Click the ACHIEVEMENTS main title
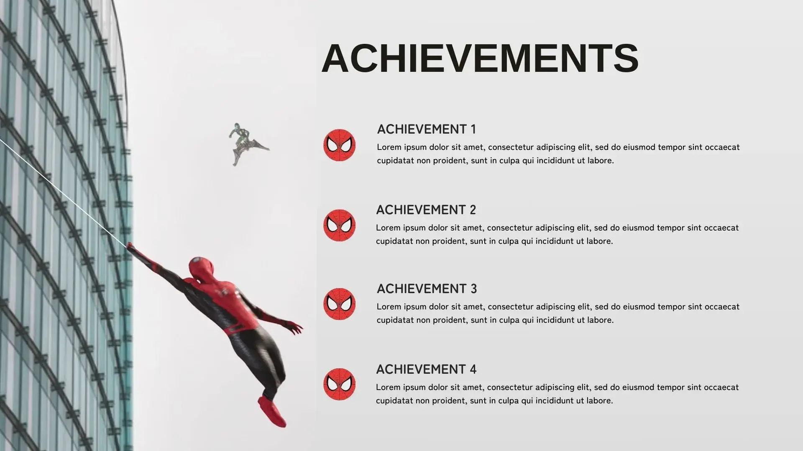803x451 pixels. [x=480, y=58]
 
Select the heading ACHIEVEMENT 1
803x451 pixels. [x=427, y=129]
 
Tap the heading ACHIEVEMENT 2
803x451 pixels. [x=426, y=210]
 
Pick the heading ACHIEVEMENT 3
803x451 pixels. [x=427, y=289]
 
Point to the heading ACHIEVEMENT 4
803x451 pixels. [x=426, y=369]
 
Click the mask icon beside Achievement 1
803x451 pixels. [x=339, y=145]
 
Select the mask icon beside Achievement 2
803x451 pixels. [x=339, y=225]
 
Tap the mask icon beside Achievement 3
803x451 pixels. [x=339, y=304]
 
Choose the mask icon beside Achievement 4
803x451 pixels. [x=339, y=384]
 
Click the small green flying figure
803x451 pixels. [x=247, y=144]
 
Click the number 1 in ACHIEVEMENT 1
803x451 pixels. [x=473, y=129]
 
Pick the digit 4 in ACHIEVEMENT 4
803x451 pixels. [x=473, y=369]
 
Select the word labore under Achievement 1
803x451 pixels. [x=601, y=160]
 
